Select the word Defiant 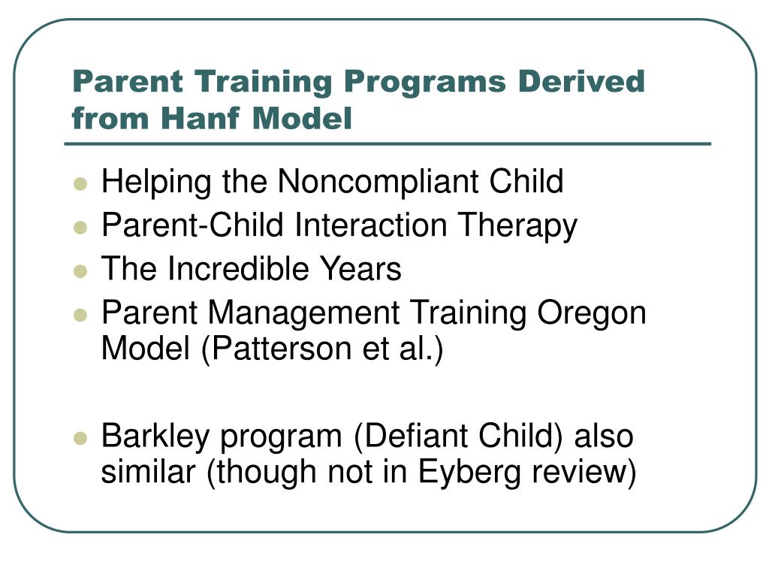click(412, 437)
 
